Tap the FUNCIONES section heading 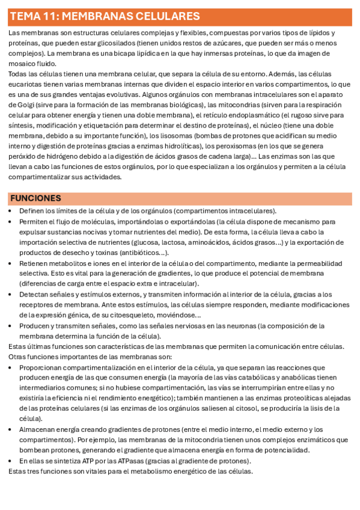pos(35,198)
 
